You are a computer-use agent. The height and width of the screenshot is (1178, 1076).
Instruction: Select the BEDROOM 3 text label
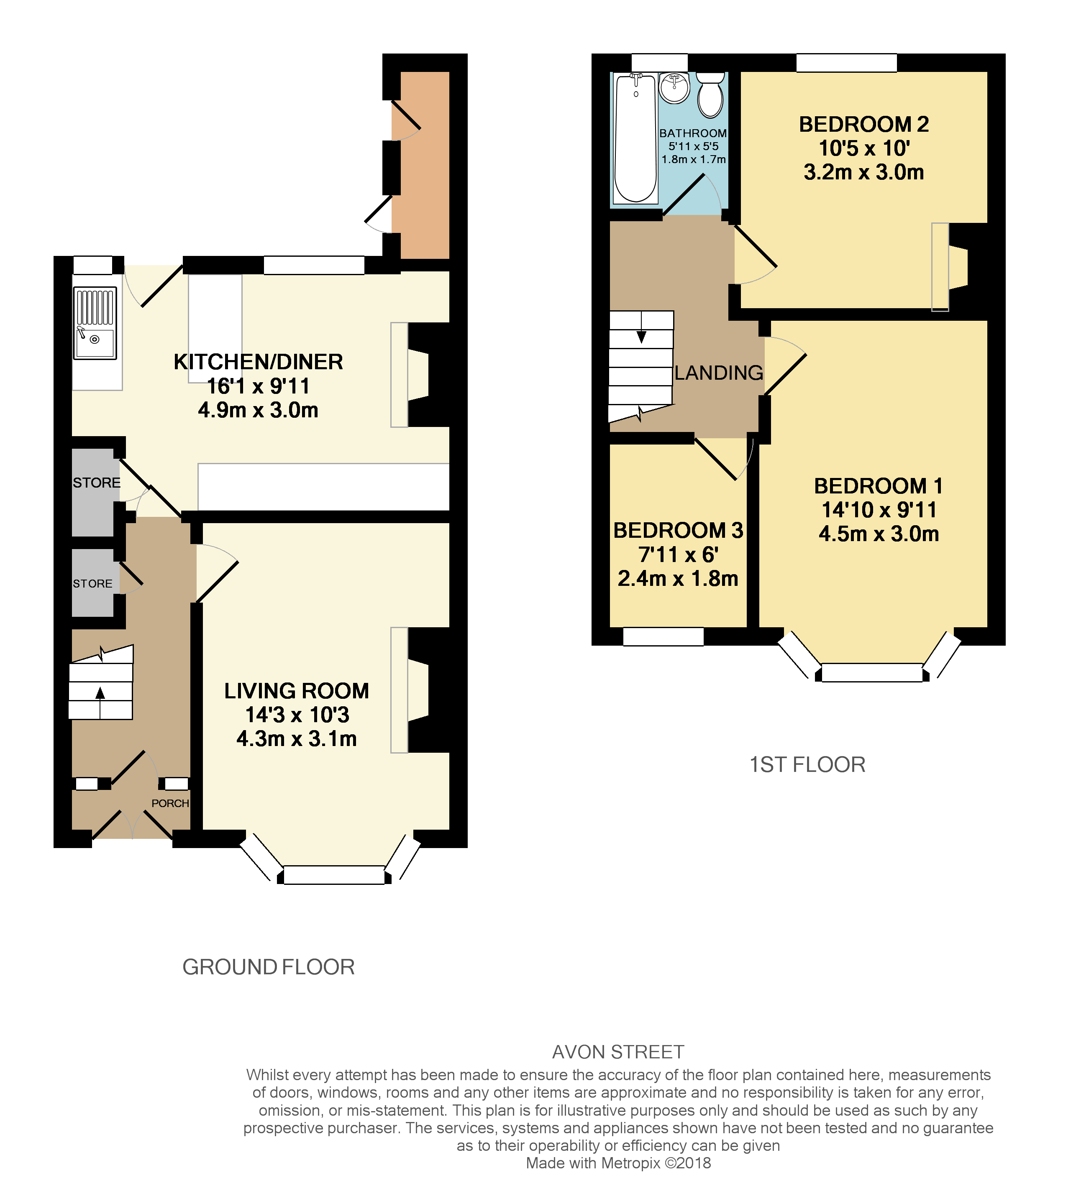click(x=678, y=531)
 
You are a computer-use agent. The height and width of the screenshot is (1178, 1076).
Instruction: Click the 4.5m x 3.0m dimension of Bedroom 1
click(x=879, y=534)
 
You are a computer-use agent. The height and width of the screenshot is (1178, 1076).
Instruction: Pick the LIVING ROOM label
click(x=296, y=691)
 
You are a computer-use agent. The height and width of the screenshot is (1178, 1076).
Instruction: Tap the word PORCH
click(x=170, y=803)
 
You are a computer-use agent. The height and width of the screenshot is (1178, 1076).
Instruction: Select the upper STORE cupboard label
click(x=97, y=483)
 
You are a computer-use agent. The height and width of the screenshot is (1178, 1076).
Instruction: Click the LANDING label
click(x=718, y=373)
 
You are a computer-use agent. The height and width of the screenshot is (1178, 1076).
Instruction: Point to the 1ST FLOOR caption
click(x=807, y=765)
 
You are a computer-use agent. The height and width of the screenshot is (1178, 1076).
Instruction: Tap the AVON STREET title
click(x=618, y=1052)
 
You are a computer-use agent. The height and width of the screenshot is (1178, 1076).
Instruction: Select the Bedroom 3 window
click(x=663, y=637)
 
